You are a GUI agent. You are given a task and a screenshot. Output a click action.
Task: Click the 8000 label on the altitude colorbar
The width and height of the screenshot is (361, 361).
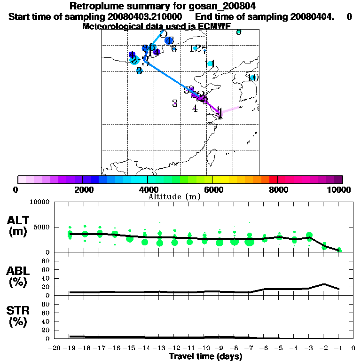(x=278, y=190)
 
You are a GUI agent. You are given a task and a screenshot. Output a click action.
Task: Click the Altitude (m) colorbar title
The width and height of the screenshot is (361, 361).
(x=174, y=197)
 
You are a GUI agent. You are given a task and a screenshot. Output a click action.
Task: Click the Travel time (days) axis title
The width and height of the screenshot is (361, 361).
(x=205, y=357)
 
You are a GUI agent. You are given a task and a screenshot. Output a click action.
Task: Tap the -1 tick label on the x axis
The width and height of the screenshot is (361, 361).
(x=338, y=348)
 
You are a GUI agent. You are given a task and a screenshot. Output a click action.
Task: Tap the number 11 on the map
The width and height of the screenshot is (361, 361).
(x=210, y=64)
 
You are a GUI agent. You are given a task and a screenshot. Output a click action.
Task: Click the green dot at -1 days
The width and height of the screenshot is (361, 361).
(x=339, y=250)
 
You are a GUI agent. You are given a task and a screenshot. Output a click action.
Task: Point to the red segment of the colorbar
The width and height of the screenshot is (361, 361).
(x=273, y=180)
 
